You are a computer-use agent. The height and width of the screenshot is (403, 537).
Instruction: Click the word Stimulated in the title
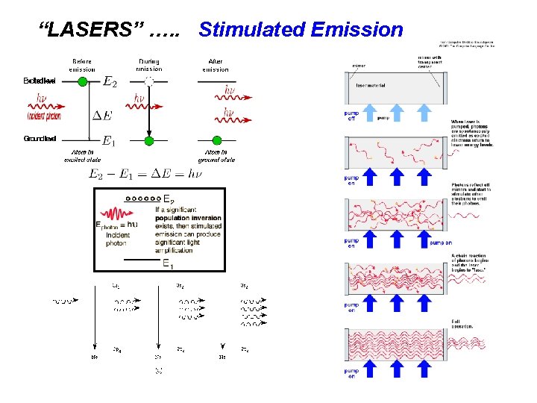(x=250, y=31)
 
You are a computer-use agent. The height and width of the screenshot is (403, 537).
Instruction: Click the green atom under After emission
(x=217, y=140)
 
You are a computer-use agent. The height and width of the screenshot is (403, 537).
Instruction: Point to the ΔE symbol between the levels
(x=103, y=115)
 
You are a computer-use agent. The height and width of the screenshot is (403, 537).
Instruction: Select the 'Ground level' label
(x=39, y=139)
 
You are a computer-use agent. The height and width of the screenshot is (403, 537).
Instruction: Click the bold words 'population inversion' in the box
(x=188, y=217)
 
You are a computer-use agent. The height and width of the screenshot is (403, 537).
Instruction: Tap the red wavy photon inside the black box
(x=114, y=212)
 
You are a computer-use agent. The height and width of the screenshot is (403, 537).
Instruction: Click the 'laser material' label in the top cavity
(x=370, y=85)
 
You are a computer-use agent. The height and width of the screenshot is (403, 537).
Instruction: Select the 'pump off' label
(x=351, y=117)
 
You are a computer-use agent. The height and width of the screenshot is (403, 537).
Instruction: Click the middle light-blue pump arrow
(x=397, y=112)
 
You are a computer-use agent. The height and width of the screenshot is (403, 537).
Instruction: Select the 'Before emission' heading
(x=81, y=65)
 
